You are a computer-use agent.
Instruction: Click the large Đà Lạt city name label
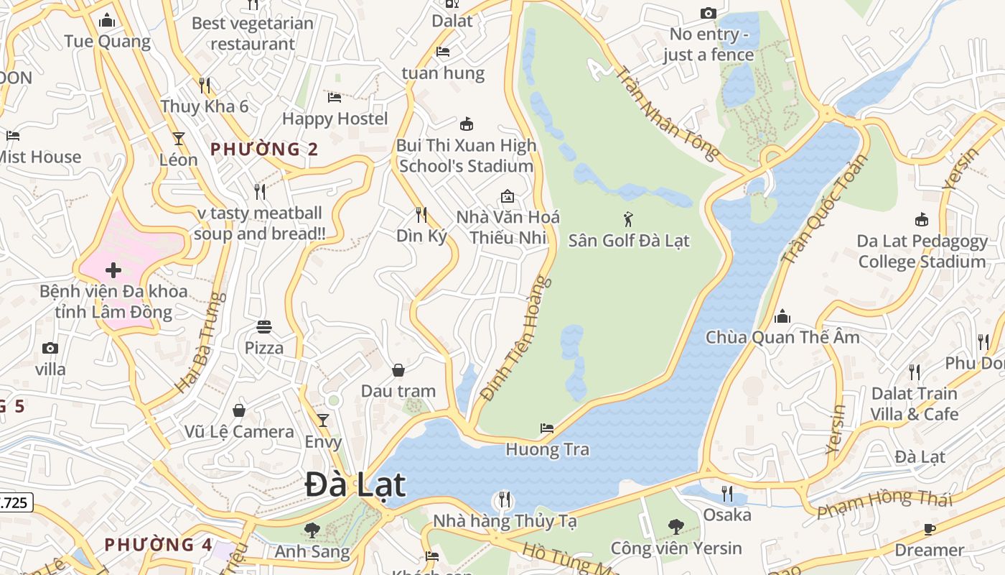pos(355,484)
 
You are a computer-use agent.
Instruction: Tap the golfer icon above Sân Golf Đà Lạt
pos(629,219)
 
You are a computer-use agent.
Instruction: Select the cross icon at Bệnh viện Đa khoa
pos(113,270)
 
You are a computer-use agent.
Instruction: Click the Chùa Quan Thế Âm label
pos(782,337)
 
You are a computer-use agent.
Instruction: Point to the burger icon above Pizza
pos(264,328)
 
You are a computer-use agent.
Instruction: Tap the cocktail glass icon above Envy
pos(323,420)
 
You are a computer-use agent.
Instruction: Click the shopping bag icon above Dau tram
pos(398,370)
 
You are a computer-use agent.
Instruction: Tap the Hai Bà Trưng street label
pos(200,342)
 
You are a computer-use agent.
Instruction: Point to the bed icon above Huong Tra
pos(547,428)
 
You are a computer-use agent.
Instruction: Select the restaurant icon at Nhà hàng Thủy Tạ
pos(504,499)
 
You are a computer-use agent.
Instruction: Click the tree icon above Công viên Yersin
pos(676,527)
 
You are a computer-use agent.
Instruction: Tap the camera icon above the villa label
pos(50,349)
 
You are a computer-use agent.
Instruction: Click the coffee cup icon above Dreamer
pos(930,530)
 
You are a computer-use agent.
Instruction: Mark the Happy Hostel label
pos(335,119)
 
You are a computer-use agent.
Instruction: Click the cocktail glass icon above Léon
pos(178,139)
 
